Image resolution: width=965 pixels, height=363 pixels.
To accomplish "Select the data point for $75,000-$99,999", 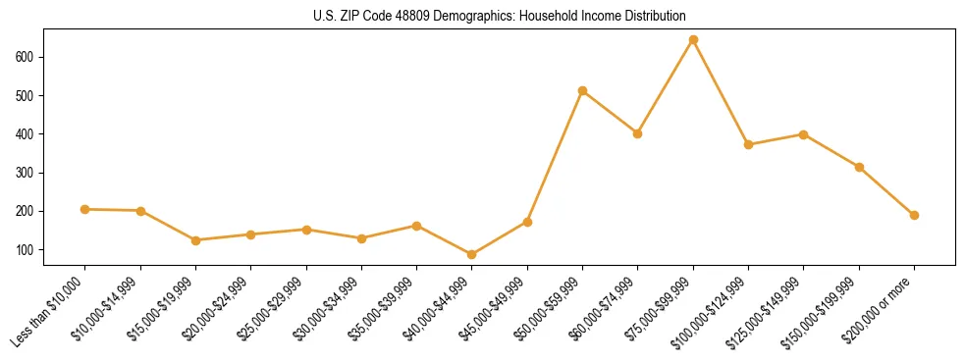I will click(x=693, y=40).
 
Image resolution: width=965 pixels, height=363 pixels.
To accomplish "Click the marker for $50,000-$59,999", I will click(x=582, y=91).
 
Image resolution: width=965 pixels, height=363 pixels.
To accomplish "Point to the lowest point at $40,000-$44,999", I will click(x=472, y=255).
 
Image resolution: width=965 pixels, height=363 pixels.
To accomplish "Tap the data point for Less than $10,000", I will click(x=85, y=209).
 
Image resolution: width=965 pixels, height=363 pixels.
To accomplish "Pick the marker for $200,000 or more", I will click(x=914, y=215).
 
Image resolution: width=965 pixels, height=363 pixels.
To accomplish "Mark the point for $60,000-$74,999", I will click(x=638, y=133).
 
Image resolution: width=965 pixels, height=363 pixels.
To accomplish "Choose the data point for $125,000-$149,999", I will click(x=804, y=134).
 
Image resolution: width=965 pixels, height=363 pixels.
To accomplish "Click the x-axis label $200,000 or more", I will click(x=879, y=309).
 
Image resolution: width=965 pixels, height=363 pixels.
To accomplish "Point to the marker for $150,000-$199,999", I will click(x=859, y=168).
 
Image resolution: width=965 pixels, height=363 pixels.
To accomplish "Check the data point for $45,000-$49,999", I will click(x=527, y=223).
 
